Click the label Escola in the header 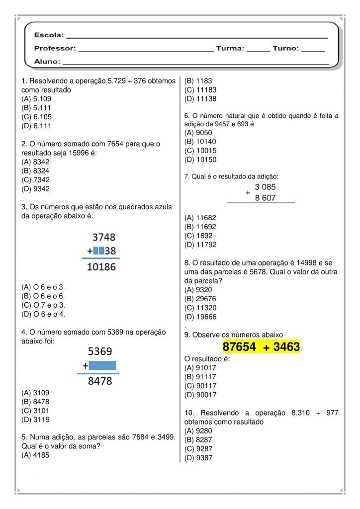pos(49,35)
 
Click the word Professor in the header pos(55,49)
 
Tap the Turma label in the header pos(230,49)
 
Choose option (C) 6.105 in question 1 pos(36,117)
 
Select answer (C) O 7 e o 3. pos(43,305)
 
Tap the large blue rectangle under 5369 pos(103,366)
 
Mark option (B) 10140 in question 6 pos(200,142)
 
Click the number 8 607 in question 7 pos(265,197)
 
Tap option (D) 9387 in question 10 pos(198,458)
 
